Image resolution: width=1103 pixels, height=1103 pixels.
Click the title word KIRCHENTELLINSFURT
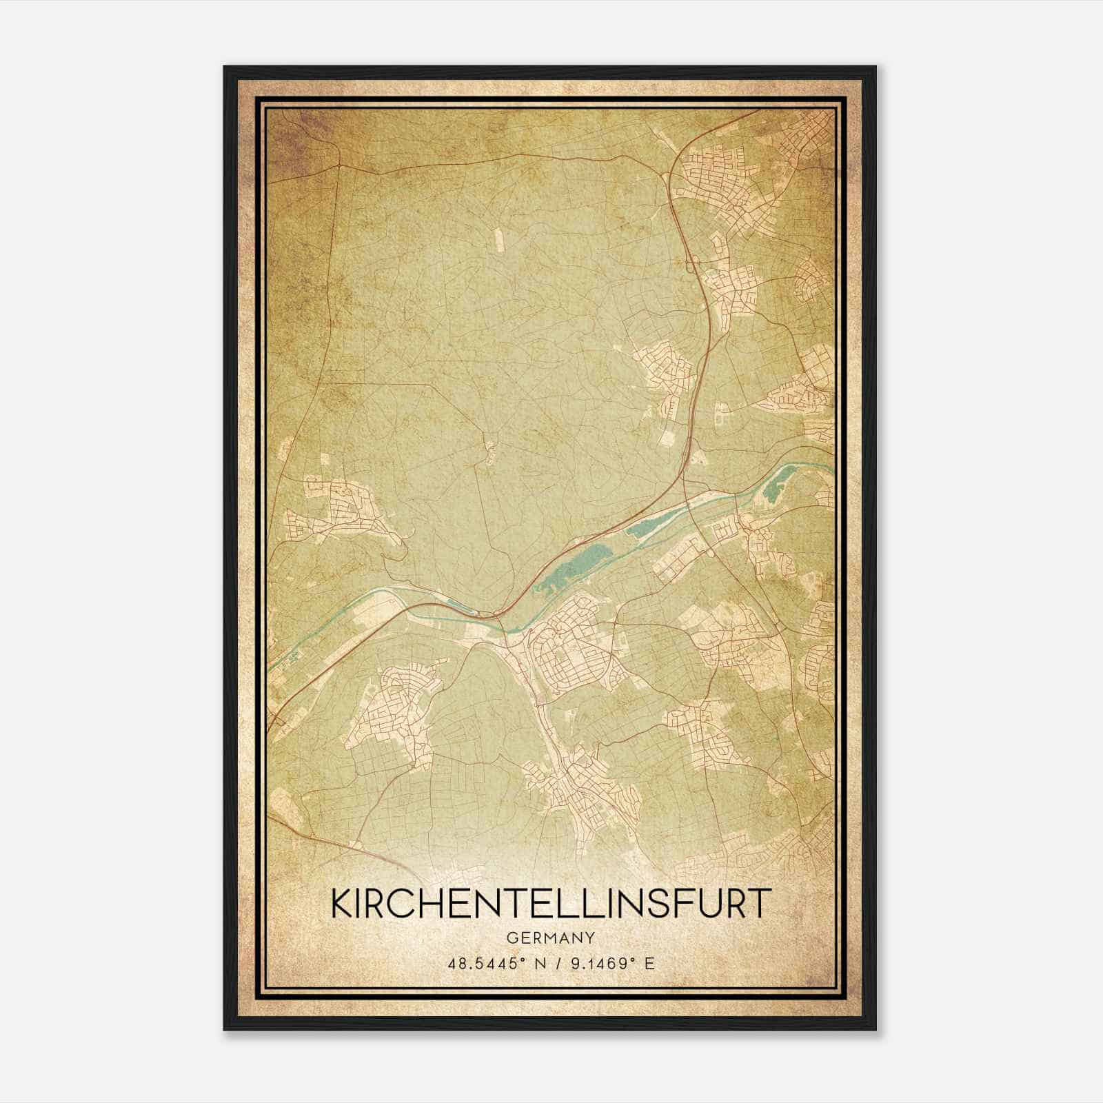click(549, 903)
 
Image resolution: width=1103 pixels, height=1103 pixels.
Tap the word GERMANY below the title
click(550, 938)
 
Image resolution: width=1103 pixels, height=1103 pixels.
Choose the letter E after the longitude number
click(649, 964)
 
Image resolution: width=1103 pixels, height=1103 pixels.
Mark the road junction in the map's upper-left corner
click(341, 166)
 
